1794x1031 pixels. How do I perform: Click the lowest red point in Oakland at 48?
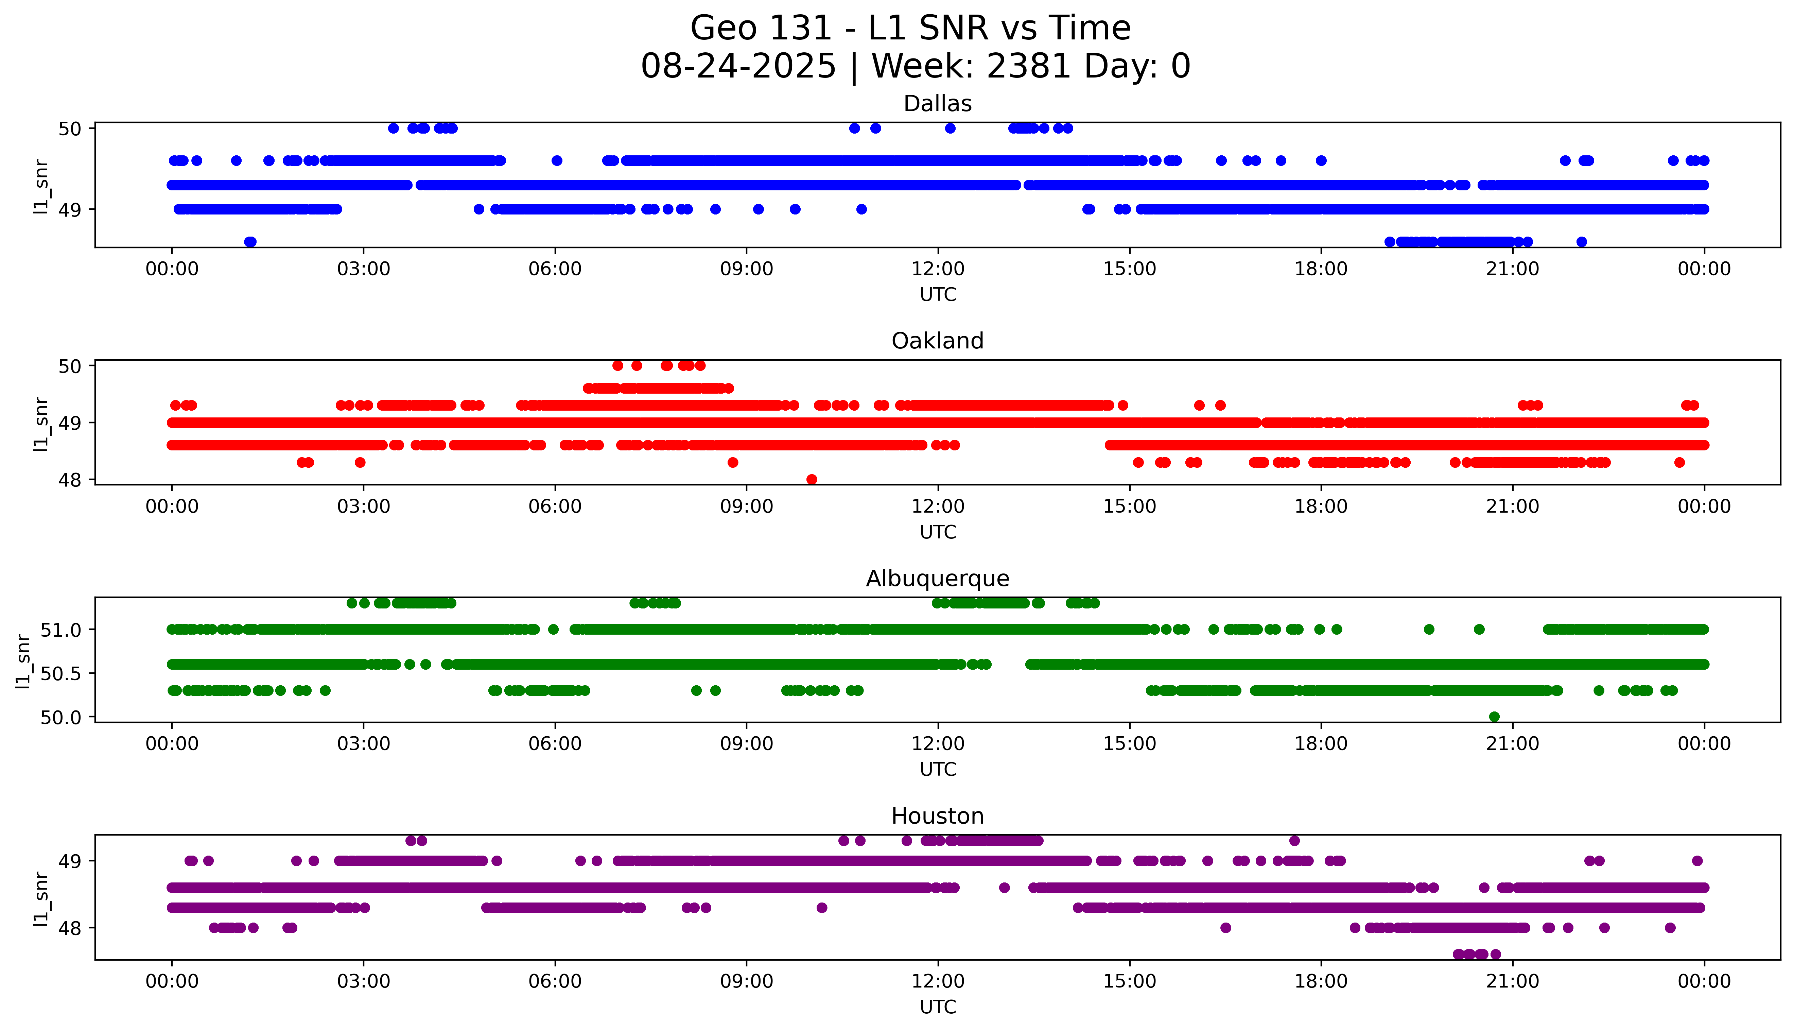(x=812, y=479)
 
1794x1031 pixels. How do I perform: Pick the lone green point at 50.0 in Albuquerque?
(x=1494, y=717)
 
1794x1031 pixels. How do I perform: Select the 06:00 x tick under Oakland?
(x=555, y=506)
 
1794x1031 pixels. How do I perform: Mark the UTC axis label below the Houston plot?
(x=938, y=1006)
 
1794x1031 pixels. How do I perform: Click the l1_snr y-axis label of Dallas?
(x=41, y=186)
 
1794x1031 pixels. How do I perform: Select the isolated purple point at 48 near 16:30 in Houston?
(x=1226, y=928)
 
